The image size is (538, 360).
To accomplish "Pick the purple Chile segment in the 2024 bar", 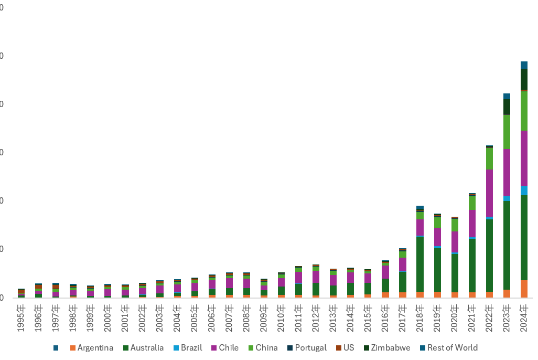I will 524,158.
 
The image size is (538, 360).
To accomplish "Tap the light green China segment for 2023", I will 507,132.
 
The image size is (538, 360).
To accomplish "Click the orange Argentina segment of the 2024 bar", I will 524,289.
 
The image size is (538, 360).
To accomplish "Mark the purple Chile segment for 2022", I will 489,193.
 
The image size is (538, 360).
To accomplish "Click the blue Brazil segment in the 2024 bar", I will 524,190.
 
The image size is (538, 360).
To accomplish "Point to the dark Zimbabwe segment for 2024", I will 524,79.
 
